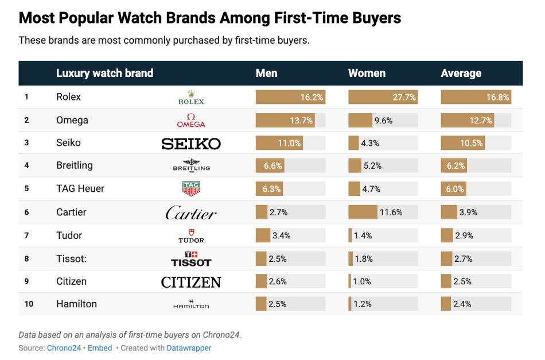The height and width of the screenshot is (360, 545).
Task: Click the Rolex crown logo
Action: click(x=191, y=97)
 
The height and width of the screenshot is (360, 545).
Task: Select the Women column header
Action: click(x=367, y=73)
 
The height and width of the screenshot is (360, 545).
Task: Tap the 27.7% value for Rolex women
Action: click(x=404, y=97)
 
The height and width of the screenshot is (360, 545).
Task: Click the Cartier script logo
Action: click(x=191, y=213)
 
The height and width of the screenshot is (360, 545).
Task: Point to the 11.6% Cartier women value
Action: click(x=391, y=212)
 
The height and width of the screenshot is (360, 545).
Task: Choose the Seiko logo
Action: click(x=191, y=144)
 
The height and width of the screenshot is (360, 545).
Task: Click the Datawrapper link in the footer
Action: click(x=189, y=348)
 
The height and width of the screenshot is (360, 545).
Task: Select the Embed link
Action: click(x=100, y=348)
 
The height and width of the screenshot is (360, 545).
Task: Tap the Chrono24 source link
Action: click(x=65, y=348)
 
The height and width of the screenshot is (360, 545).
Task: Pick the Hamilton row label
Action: click(x=76, y=304)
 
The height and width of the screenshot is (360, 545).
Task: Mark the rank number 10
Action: click(x=29, y=304)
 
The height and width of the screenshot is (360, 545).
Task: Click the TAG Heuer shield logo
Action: click(x=191, y=188)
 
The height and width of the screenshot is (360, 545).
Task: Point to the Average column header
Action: click(x=461, y=73)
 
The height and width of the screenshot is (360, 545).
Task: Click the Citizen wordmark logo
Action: click(x=191, y=282)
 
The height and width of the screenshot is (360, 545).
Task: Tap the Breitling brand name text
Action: click(x=74, y=165)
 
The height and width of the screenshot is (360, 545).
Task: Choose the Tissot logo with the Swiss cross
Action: click(x=191, y=259)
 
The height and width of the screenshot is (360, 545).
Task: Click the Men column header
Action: click(x=266, y=73)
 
